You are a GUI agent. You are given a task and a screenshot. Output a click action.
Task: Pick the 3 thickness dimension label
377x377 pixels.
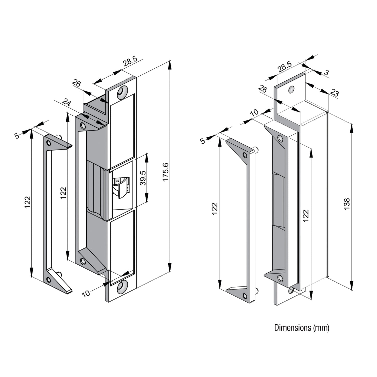[x=326, y=73]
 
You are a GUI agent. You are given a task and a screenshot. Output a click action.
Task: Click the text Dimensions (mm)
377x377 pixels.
[x=302, y=328]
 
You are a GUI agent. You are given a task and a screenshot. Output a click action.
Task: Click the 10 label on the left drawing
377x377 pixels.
[x=86, y=293]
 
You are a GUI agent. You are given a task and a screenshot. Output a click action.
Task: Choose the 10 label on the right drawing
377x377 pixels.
[x=254, y=113]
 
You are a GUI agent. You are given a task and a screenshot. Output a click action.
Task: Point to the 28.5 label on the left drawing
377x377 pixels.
[x=130, y=62]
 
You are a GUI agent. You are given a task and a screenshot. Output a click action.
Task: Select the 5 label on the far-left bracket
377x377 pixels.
[x=17, y=136]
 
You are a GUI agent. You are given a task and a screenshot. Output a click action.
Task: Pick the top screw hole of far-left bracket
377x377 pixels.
[x=49, y=143]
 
